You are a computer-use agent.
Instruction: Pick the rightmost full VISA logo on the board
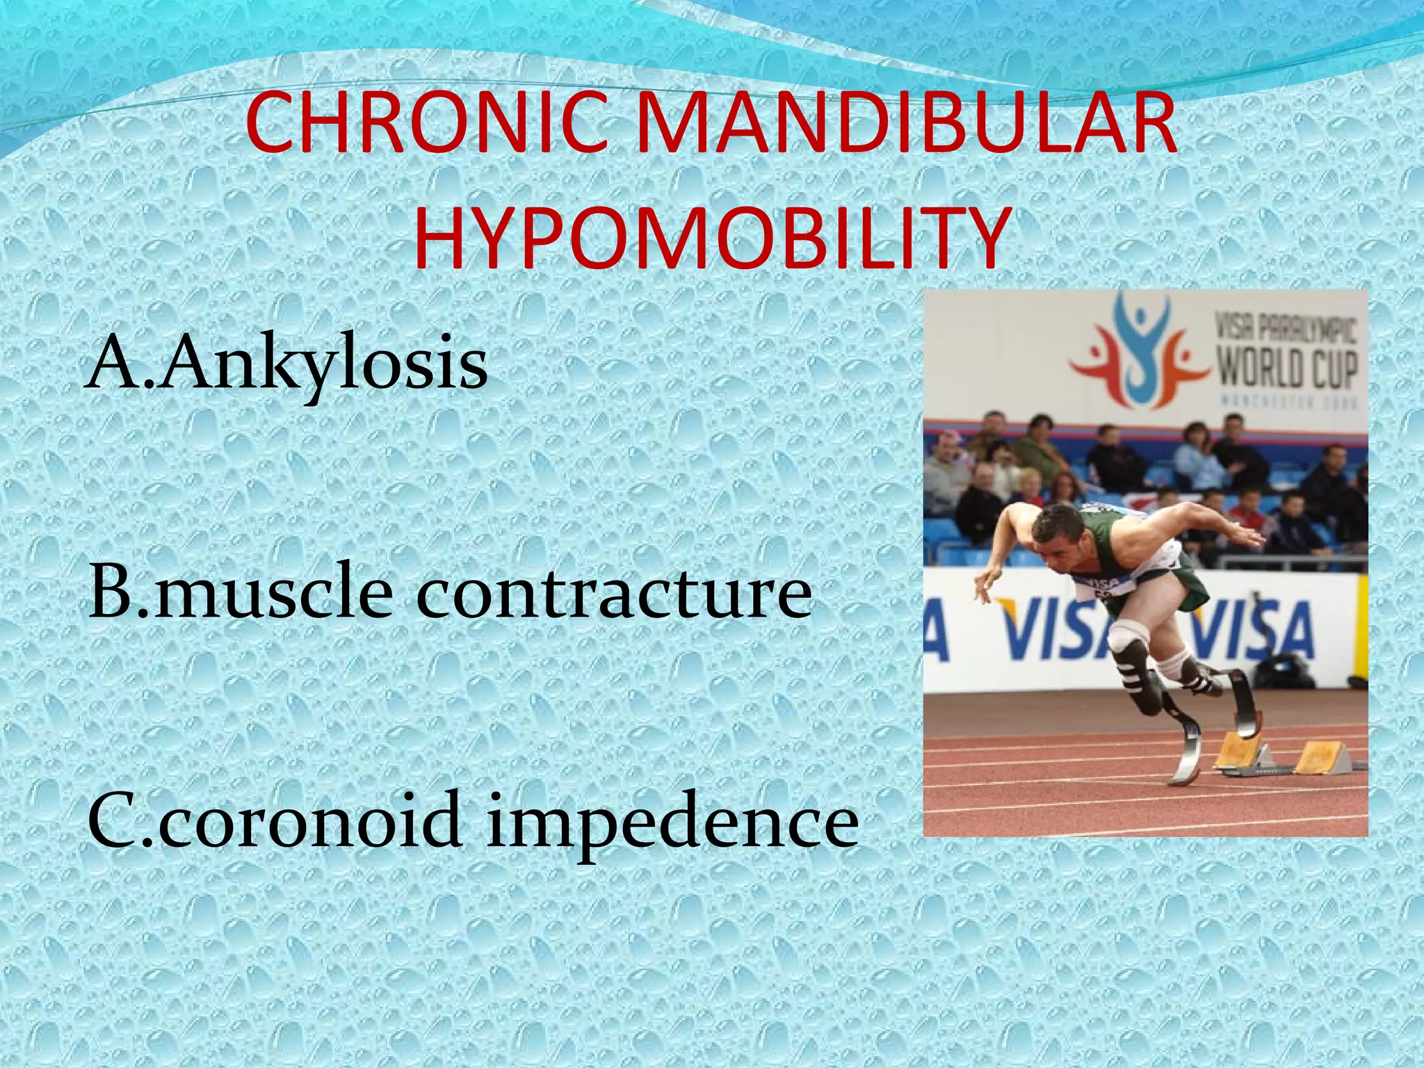click(1252, 629)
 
